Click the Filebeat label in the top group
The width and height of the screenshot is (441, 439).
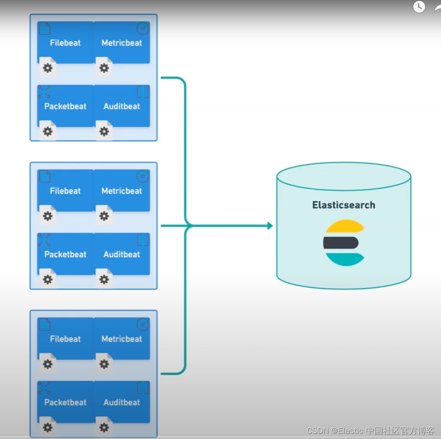(x=65, y=43)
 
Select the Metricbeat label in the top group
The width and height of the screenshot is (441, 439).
(x=122, y=43)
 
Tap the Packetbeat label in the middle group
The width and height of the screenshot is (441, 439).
(x=65, y=254)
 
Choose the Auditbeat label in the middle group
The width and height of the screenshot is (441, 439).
(x=122, y=254)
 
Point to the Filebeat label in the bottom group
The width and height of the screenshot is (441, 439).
(x=65, y=339)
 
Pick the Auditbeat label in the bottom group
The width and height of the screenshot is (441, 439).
(x=122, y=402)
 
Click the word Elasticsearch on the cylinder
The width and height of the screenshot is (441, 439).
(x=343, y=205)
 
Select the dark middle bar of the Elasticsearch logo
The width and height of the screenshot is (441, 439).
(x=341, y=243)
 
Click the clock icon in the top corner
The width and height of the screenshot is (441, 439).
(x=419, y=6)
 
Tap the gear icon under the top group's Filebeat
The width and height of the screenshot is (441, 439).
(x=48, y=68)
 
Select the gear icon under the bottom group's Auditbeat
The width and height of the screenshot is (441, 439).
(x=104, y=427)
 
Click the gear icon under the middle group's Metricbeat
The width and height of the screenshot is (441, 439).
(x=104, y=216)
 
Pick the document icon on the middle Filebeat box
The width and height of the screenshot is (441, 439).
(x=45, y=177)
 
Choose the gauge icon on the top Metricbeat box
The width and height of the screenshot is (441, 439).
(x=143, y=28)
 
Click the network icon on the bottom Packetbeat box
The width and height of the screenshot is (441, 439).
(x=44, y=388)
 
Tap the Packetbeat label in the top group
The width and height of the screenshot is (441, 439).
(x=65, y=106)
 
